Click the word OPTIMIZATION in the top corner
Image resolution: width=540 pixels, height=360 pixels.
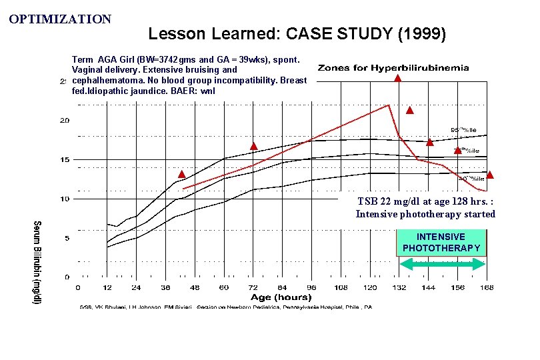[60, 19]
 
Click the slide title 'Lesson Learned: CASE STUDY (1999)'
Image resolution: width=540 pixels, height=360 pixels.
[297, 33]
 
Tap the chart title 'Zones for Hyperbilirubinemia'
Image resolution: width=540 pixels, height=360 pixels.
[393, 68]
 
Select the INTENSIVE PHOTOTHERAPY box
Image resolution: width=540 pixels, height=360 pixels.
[441, 243]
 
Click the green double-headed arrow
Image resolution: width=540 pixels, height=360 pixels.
[441, 264]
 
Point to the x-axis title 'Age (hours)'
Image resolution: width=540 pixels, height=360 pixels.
[281, 297]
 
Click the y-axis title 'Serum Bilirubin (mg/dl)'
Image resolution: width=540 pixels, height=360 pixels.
[37, 263]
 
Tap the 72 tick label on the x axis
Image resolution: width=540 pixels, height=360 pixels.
[253, 288]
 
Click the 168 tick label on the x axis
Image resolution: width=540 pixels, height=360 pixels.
[487, 288]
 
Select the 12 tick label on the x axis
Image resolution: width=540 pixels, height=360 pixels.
[107, 288]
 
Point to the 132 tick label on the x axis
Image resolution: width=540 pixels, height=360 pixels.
[399, 288]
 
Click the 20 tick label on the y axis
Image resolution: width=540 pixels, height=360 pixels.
[65, 121]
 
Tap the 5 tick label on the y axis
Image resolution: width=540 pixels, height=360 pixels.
[67, 238]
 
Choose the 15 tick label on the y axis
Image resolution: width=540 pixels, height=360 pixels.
[65, 160]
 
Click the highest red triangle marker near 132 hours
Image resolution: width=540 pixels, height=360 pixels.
[397, 78]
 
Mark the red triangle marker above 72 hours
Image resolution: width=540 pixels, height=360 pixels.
[253, 146]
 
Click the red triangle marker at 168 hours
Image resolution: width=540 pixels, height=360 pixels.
[489, 175]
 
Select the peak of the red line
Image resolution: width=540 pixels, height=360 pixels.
[389, 105]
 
